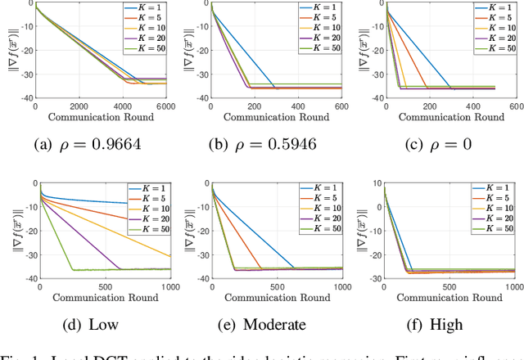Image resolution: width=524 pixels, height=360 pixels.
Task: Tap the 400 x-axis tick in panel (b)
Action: pos(299,106)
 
